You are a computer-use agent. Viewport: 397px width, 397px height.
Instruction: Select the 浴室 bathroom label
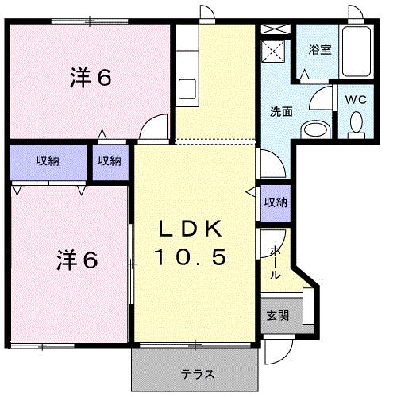[x=319, y=48]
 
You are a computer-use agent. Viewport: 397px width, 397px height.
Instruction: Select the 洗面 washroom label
[x=281, y=111]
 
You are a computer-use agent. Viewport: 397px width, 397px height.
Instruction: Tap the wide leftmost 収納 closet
[x=47, y=161]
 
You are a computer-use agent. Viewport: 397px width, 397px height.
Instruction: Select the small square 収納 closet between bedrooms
[x=110, y=161]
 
